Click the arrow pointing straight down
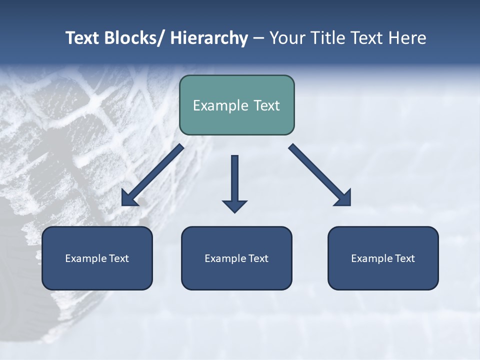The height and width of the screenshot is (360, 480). (x=234, y=182)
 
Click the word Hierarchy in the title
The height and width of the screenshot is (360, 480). (x=209, y=38)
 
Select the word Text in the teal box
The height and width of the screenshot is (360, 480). (x=265, y=105)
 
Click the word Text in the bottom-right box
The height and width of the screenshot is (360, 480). (x=405, y=258)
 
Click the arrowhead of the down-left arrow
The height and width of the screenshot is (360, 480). (x=129, y=198)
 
